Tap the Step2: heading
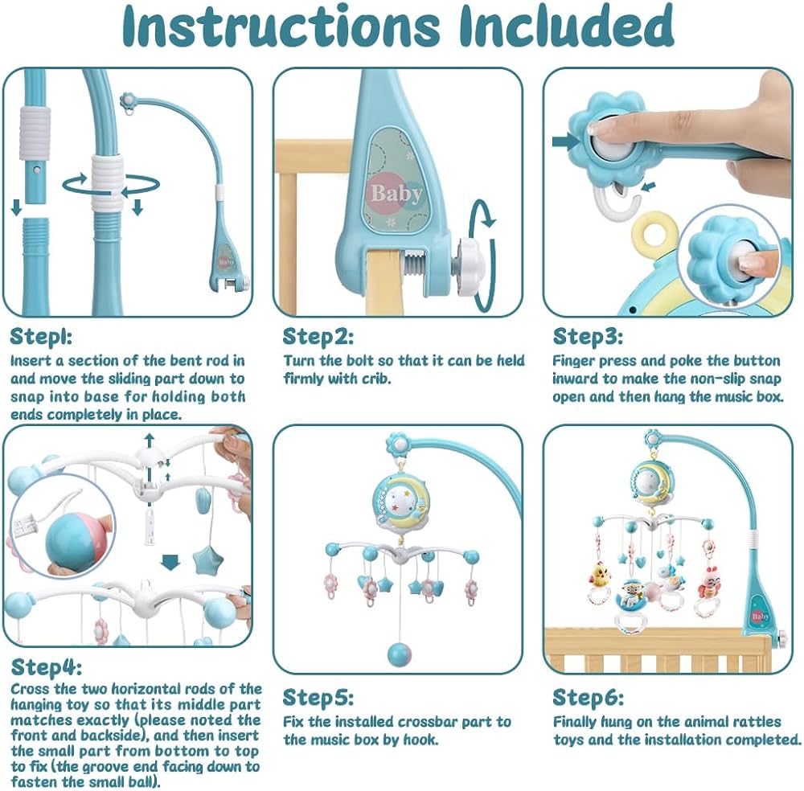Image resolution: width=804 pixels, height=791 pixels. [318, 337]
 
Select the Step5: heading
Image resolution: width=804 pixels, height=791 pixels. [318, 697]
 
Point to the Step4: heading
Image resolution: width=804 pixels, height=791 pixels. [47, 667]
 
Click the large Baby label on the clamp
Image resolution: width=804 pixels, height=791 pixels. [396, 194]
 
